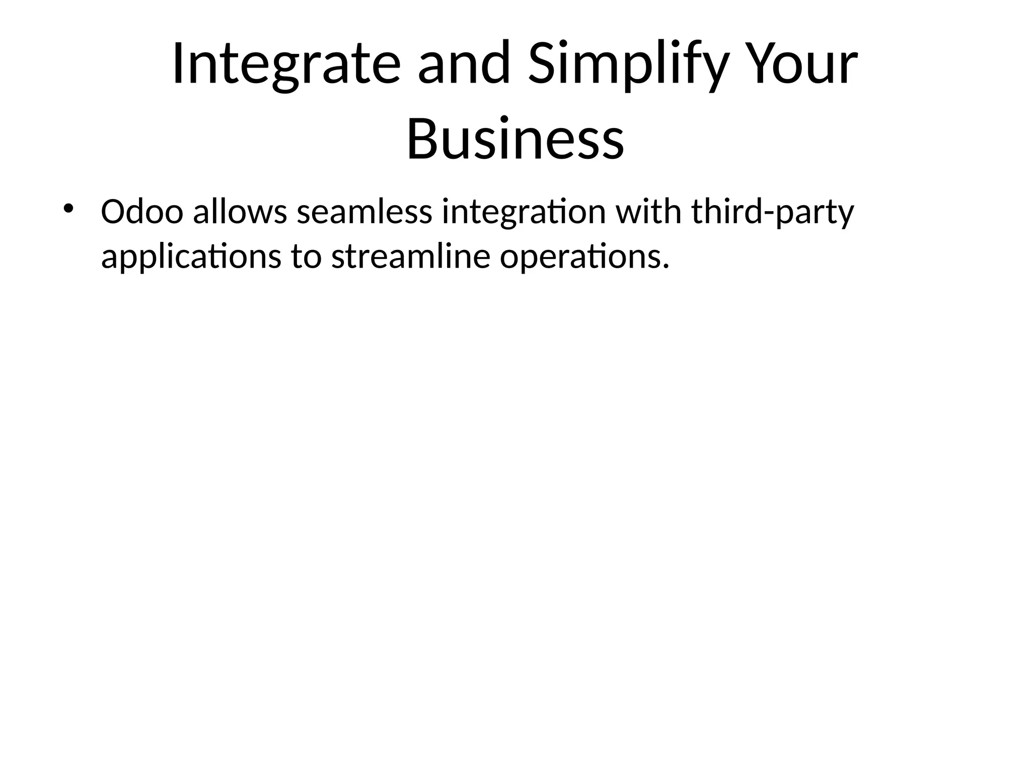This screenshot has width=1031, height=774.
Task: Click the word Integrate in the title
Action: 286,64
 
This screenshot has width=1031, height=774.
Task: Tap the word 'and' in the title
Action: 464,64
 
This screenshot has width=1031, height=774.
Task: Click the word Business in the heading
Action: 515,138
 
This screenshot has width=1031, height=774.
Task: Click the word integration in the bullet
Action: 524,213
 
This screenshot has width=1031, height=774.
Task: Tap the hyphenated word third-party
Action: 773,213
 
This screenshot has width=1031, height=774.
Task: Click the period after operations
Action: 666,266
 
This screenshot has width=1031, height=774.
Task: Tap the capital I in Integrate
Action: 177,64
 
